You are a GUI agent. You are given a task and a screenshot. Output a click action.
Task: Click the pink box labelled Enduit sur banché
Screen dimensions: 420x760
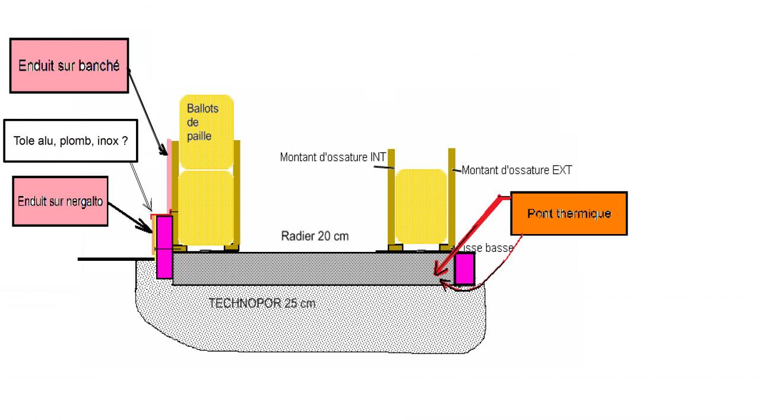tap(69, 66)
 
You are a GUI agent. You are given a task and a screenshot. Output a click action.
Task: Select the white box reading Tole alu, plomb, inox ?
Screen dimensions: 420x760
tap(70, 141)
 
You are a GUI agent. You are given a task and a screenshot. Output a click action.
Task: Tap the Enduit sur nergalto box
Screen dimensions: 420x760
tap(60, 201)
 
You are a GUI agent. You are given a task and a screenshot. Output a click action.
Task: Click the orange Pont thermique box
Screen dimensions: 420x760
tap(569, 213)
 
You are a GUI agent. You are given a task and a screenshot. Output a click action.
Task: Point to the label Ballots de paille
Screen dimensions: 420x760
tap(202, 122)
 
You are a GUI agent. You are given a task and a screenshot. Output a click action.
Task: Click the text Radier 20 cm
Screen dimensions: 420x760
tap(315, 236)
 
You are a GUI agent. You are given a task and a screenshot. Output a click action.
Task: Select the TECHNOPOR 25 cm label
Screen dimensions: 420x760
tap(262, 303)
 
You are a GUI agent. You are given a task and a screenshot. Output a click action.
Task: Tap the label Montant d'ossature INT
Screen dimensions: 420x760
tap(333, 157)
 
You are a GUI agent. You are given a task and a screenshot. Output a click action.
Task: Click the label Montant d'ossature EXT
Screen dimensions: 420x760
tap(517, 170)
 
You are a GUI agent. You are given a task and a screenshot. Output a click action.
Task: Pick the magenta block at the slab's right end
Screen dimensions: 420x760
tap(464, 269)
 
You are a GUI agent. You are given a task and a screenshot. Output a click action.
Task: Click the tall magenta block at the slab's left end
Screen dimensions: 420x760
tap(164, 247)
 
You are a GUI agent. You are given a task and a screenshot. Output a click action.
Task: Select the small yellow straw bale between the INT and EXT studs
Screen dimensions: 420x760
tap(420, 206)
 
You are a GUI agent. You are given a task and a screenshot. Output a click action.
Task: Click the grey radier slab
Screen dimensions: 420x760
tap(309, 269)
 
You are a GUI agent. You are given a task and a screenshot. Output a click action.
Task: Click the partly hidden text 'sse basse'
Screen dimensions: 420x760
tap(489, 248)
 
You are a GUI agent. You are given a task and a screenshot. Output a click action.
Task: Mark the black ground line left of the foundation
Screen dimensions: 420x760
tap(113, 259)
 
